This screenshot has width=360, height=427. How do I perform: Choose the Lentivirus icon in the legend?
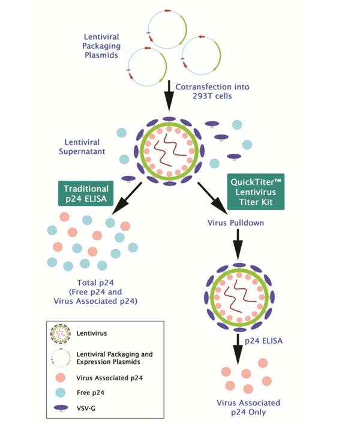tap(59, 332)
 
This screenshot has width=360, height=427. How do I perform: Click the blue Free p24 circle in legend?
tap(59, 393)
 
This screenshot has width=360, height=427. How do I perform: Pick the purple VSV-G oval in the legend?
tap(60, 410)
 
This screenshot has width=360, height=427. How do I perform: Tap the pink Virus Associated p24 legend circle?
tap(59, 377)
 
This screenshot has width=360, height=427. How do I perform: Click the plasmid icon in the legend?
tap(59, 356)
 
